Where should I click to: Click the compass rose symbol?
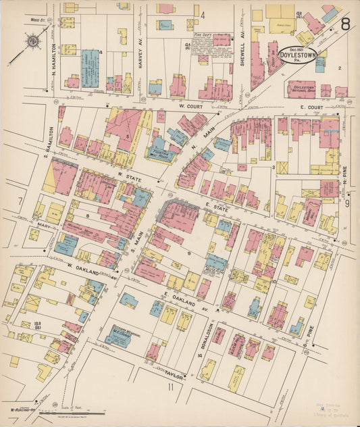tap(32, 43)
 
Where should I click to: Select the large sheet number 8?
tap(344, 25)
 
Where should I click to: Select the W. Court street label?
tap(190, 105)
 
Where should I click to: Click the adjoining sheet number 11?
tap(171, 387)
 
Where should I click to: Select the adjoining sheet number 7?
tap(21, 201)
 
